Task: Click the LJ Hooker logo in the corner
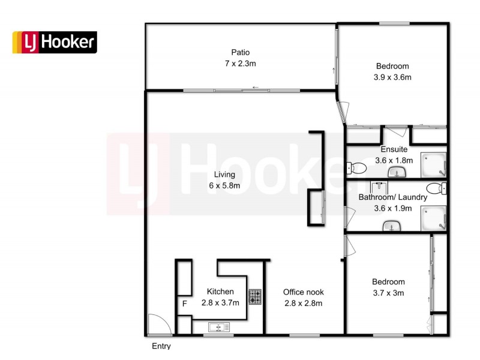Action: click(x=55, y=42)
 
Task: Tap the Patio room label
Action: click(x=241, y=52)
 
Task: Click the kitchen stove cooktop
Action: click(x=256, y=296)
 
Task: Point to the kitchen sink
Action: click(x=219, y=327)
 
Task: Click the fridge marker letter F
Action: click(x=185, y=304)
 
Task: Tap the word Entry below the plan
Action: click(x=161, y=346)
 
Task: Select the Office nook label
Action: click(x=303, y=292)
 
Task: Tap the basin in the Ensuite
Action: click(x=397, y=173)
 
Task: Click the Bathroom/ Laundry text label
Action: click(x=393, y=197)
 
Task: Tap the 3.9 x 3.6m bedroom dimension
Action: click(x=392, y=77)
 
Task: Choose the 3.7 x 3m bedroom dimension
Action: click(x=388, y=293)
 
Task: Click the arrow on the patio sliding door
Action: click(x=255, y=88)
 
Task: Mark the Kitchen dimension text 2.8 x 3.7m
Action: click(x=220, y=302)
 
